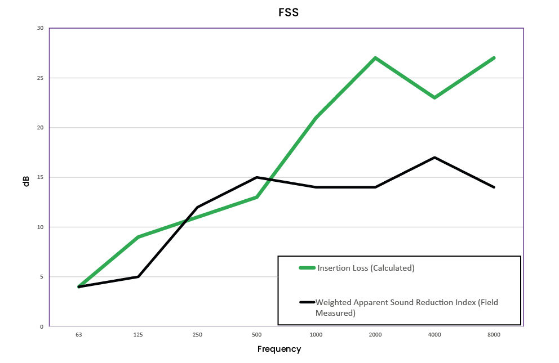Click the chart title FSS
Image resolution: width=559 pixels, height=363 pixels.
coord(288,13)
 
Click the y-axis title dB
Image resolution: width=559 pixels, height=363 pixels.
coord(26,182)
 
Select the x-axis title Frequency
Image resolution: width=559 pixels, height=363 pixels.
coord(279,349)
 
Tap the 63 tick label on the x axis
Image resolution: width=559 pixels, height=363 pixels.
coord(78,334)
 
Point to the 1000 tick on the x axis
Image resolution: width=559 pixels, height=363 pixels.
coord(316,334)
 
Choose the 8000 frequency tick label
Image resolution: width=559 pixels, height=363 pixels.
coord(494,334)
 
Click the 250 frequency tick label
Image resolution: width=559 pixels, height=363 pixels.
coord(197,334)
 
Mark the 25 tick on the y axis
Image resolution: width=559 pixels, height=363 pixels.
coord(40,78)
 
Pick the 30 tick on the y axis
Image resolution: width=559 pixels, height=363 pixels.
coord(40,28)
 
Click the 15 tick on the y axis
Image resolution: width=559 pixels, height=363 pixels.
coord(40,177)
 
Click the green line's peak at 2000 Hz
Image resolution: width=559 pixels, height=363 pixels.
coord(375,58)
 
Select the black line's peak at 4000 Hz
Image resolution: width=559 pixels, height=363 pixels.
coord(434,157)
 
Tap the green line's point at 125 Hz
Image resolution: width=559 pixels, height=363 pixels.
coord(138,237)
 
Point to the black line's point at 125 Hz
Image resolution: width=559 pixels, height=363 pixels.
coord(138,276)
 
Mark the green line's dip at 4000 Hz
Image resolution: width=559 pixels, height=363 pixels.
coord(434,97)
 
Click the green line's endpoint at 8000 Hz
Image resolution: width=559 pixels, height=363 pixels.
coord(494,58)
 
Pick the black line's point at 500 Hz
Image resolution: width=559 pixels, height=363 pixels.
coord(257,177)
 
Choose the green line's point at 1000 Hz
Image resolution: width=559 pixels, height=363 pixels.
coord(316,118)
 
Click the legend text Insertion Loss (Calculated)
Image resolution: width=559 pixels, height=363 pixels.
coord(366,268)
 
